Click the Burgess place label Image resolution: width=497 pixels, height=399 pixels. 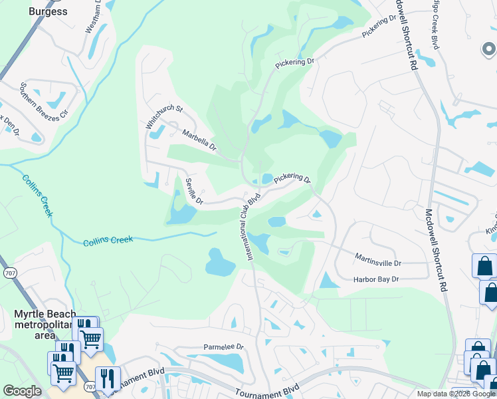coord(48,11)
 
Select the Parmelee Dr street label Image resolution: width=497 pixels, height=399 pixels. coord(224,347)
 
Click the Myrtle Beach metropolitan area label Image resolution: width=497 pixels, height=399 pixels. coord(45,324)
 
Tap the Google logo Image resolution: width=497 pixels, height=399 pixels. coord(22,391)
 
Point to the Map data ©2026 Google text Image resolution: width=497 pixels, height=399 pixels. coord(456,394)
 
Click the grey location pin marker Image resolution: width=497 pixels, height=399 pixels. coord(488,49)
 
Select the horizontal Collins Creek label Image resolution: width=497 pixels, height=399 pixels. coord(108,240)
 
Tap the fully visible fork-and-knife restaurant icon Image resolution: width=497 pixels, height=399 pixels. coord(108,380)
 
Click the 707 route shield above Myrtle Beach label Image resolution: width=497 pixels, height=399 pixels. coord(9,273)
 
